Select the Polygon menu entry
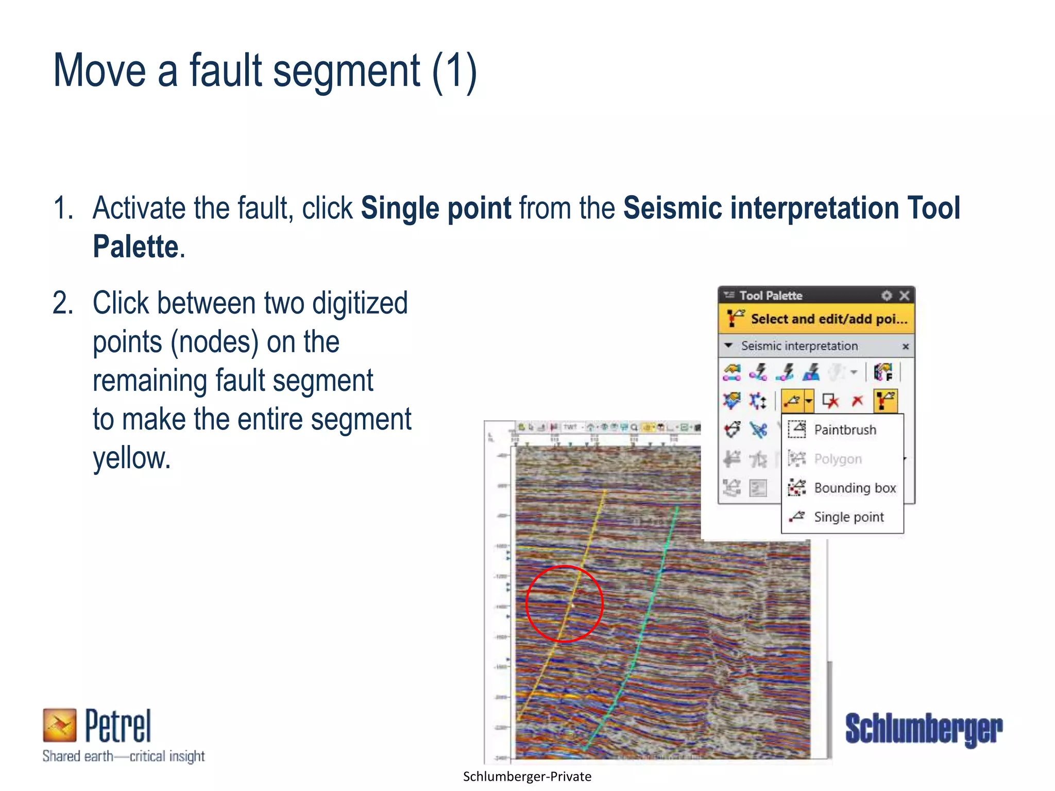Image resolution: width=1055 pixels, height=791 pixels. click(837, 459)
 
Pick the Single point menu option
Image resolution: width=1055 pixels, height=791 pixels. click(848, 517)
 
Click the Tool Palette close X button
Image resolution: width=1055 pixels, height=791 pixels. click(904, 296)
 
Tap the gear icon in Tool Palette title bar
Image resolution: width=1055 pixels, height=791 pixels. click(887, 296)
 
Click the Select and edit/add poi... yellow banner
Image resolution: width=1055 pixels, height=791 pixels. click(816, 319)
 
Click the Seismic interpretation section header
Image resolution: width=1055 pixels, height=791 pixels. click(799, 346)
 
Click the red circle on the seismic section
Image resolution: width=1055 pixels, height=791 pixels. click(565, 604)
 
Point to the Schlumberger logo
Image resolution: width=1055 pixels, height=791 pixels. click(924, 729)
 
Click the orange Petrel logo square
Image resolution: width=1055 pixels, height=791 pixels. click(59, 725)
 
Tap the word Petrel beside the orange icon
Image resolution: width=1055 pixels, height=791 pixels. click(118, 726)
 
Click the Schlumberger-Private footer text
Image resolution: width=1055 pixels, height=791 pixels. click(527, 777)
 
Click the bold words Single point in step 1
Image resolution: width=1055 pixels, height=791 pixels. click(436, 208)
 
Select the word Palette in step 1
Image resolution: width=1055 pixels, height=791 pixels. click(135, 247)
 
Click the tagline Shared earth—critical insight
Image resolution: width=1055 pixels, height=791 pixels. click(124, 756)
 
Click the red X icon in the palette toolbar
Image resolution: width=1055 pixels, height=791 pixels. click(857, 401)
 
